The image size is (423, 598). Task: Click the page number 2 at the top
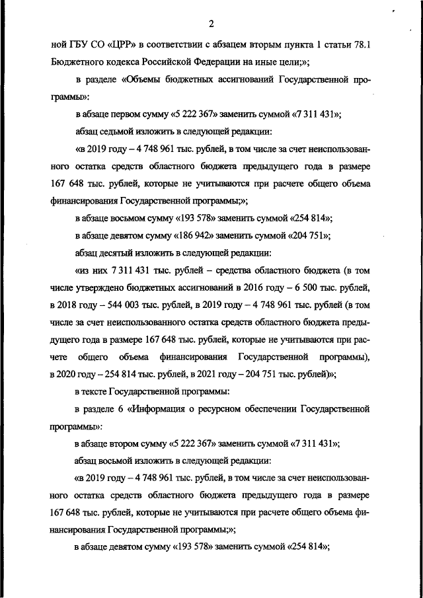[211, 25]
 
